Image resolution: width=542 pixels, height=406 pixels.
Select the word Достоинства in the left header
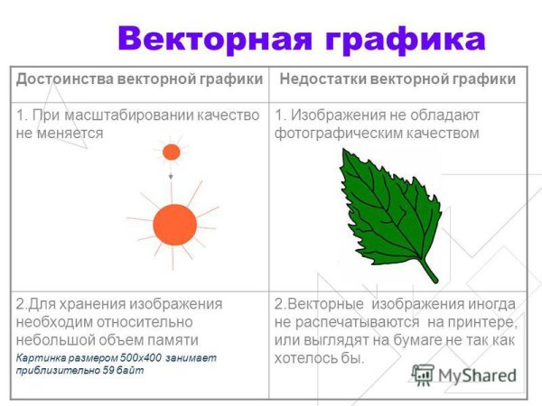click(61, 79)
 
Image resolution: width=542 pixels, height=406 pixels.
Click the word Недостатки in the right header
click(329, 79)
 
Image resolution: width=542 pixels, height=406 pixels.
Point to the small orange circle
click(172, 152)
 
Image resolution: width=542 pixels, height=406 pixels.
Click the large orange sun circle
click(175, 225)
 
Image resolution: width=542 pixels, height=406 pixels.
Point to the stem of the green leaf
click(428, 271)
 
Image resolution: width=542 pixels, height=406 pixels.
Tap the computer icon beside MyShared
click(423, 375)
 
